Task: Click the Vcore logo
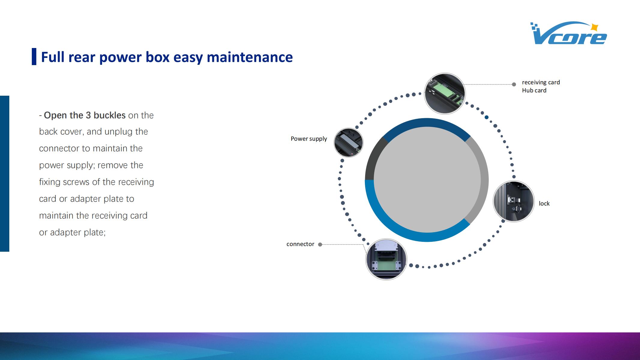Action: pos(568,33)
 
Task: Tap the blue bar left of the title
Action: pos(34,56)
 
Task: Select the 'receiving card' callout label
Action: pos(541,82)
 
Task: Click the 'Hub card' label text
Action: pos(534,90)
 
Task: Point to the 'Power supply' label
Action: pos(309,139)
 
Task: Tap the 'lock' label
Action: pos(544,203)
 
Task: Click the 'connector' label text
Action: pos(300,244)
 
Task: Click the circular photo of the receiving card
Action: pos(445,94)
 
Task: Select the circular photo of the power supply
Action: pos(348,142)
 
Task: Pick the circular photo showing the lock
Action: pos(514,201)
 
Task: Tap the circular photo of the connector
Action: pos(386,259)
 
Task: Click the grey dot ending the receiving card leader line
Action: pos(514,85)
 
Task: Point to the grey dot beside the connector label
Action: pos(320,244)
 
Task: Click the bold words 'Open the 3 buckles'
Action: pos(85,115)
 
